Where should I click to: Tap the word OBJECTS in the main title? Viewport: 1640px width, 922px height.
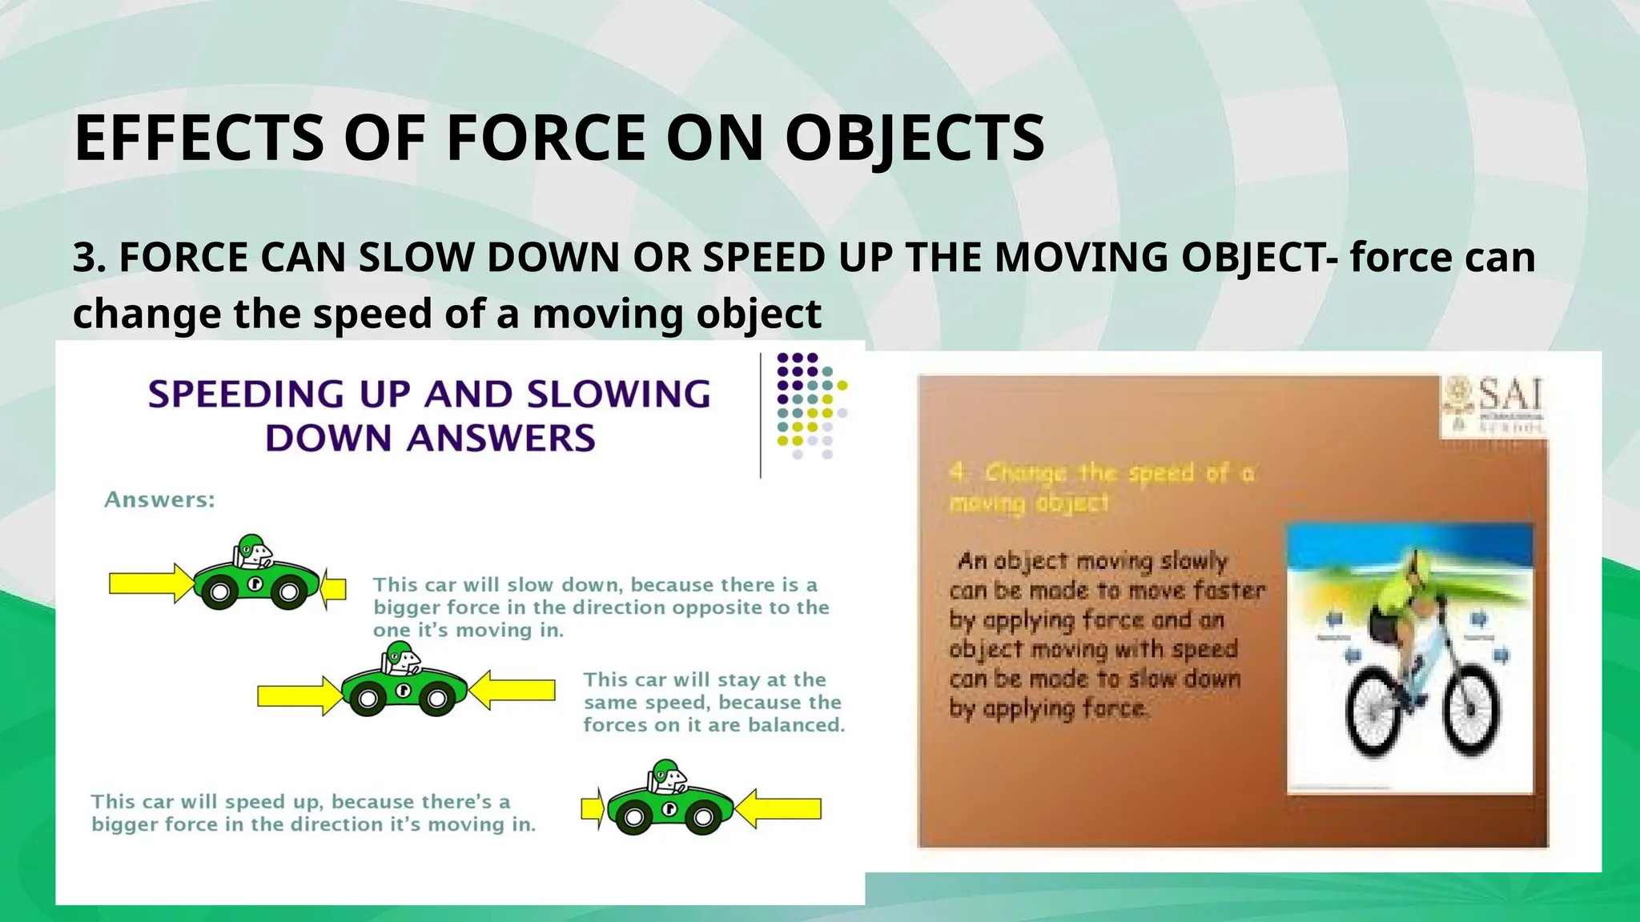point(914,138)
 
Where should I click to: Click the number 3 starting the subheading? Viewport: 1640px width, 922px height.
point(82,258)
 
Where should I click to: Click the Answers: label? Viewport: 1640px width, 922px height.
point(159,499)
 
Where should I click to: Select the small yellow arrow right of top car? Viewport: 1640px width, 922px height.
point(333,590)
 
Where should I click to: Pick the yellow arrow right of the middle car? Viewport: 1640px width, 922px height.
point(512,690)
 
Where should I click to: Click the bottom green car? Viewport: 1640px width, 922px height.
point(669,800)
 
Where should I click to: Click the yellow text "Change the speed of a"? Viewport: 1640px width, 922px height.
point(1103,473)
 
